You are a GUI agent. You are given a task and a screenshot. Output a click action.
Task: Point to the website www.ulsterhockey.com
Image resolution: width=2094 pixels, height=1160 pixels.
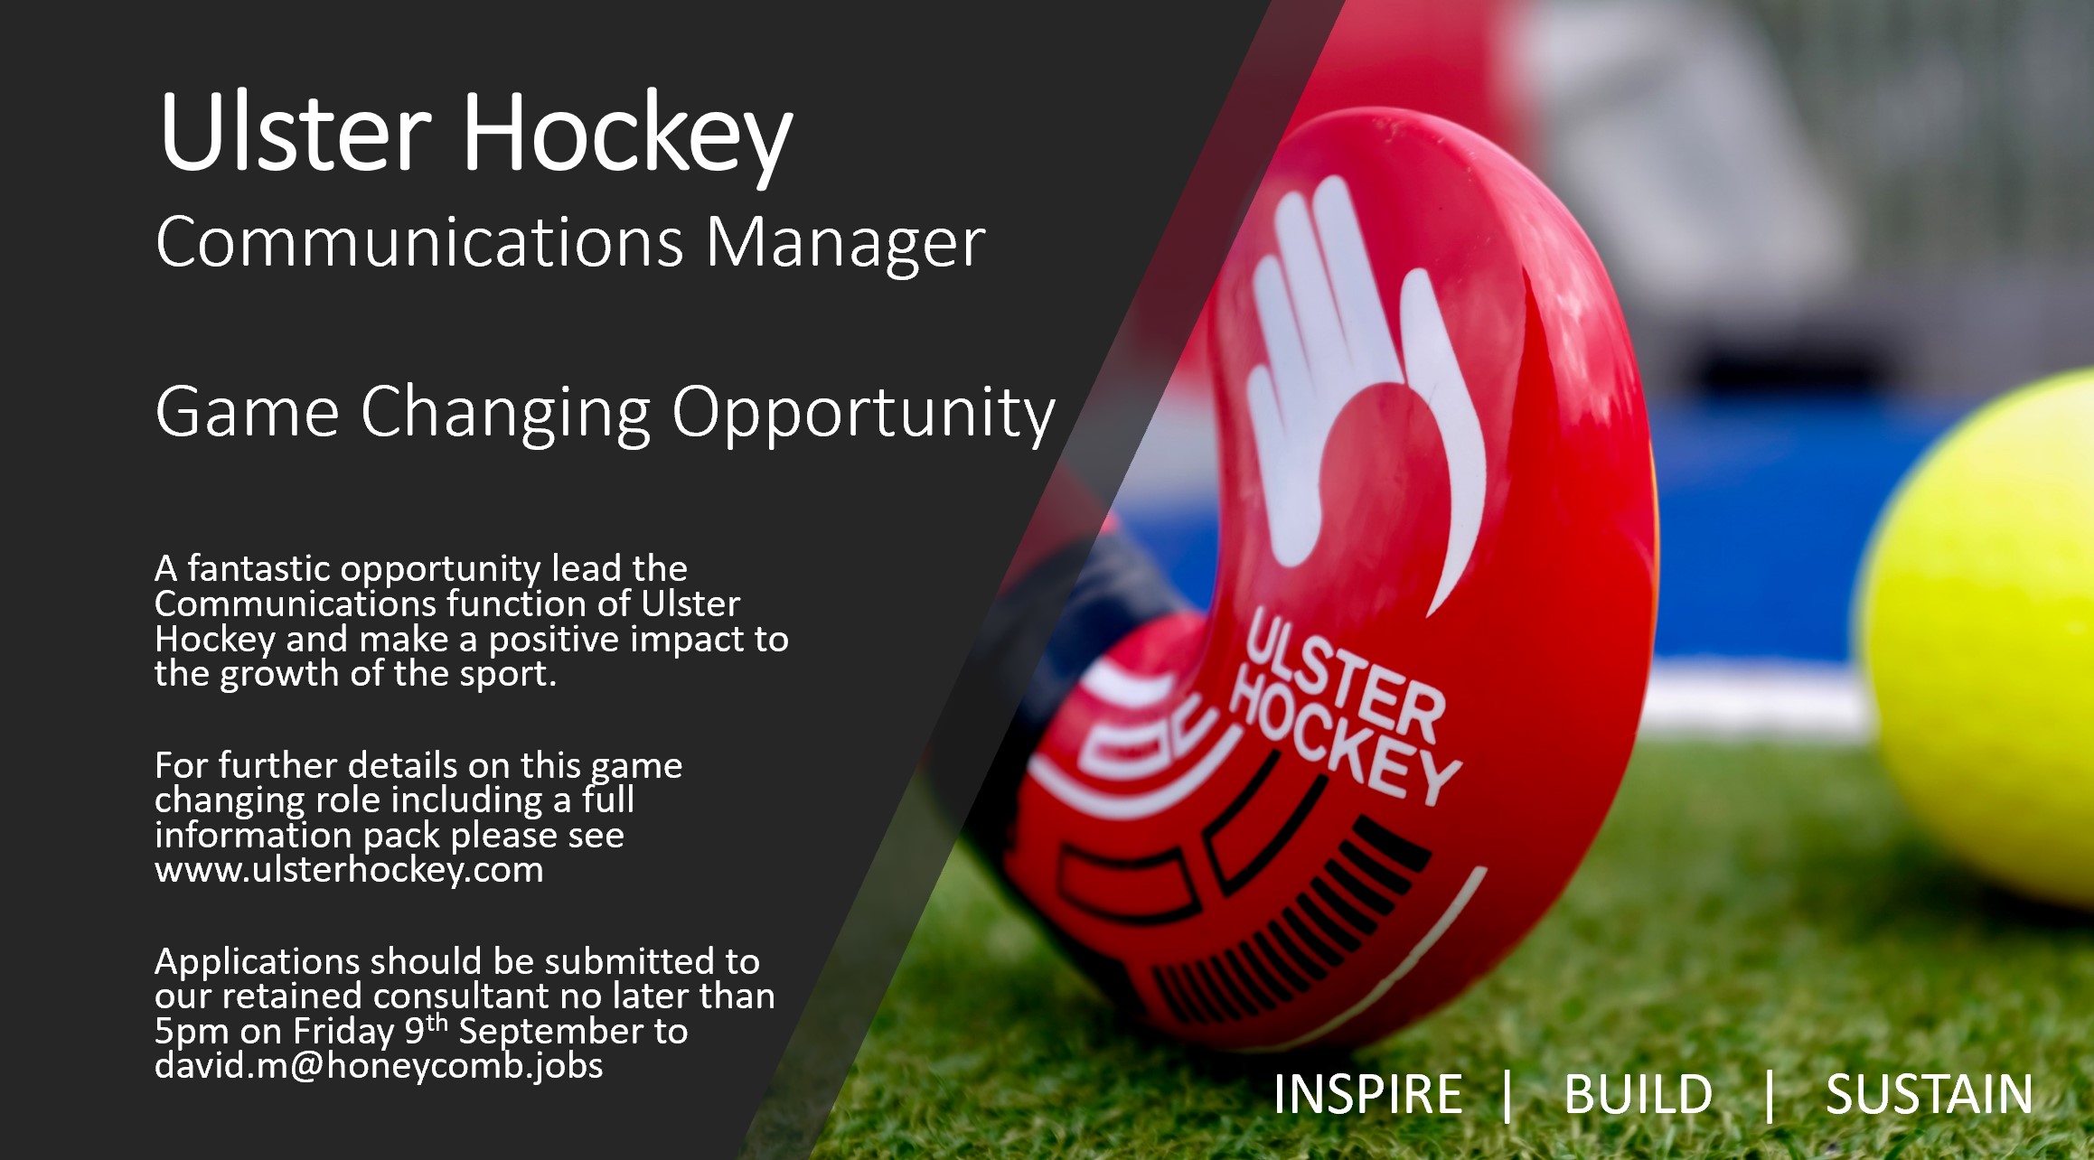(x=349, y=870)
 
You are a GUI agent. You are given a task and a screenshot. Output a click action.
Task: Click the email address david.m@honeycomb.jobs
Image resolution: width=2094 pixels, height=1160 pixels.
(x=379, y=1066)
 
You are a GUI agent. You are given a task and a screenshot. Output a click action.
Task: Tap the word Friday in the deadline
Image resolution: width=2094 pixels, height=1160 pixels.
(x=344, y=1031)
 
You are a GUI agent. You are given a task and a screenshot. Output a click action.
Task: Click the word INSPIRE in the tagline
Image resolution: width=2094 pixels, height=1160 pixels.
(x=1367, y=1094)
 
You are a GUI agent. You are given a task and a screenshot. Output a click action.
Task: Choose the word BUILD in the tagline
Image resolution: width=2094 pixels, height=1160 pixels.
(x=1638, y=1094)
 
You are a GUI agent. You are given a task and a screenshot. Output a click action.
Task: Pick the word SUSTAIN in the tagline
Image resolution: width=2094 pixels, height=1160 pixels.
(x=1929, y=1094)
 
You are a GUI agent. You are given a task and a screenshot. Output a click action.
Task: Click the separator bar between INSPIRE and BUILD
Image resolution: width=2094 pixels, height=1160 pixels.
(x=1507, y=1095)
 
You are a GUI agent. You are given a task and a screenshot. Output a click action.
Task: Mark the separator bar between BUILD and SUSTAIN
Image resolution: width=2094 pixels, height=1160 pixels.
(x=1770, y=1095)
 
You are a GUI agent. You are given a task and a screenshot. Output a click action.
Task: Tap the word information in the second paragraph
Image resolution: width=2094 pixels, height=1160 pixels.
(x=254, y=835)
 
